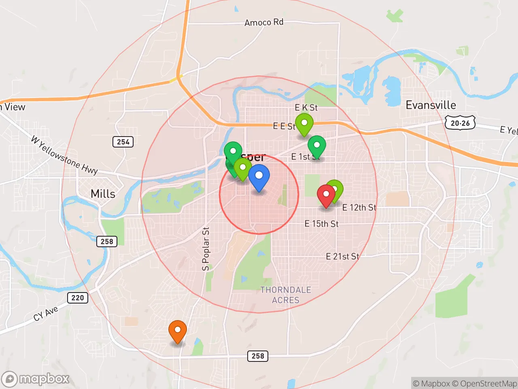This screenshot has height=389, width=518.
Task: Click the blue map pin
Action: (x=259, y=177)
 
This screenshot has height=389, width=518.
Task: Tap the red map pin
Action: (x=326, y=194)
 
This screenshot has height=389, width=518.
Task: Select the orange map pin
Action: (x=177, y=330)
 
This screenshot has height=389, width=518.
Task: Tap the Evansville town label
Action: (x=431, y=105)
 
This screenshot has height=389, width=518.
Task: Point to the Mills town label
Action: (x=103, y=194)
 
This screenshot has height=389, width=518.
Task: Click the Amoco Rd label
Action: (x=264, y=22)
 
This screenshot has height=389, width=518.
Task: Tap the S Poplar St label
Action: (x=206, y=249)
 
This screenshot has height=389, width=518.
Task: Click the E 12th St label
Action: (x=359, y=207)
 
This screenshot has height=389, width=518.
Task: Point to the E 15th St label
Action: (x=321, y=224)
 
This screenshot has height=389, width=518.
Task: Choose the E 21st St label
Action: (x=342, y=256)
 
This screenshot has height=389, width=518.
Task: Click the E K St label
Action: (x=306, y=108)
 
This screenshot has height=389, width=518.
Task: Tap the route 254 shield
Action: (x=123, y=142)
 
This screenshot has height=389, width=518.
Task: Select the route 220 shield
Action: (x=77, y=298)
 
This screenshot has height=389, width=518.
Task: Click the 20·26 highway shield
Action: (x=460, y=123)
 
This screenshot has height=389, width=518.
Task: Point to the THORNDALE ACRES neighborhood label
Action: (x=286, y=295)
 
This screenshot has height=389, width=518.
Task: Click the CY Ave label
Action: (x=46, y=314)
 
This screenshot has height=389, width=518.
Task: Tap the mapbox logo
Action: (x=36, y=379)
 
